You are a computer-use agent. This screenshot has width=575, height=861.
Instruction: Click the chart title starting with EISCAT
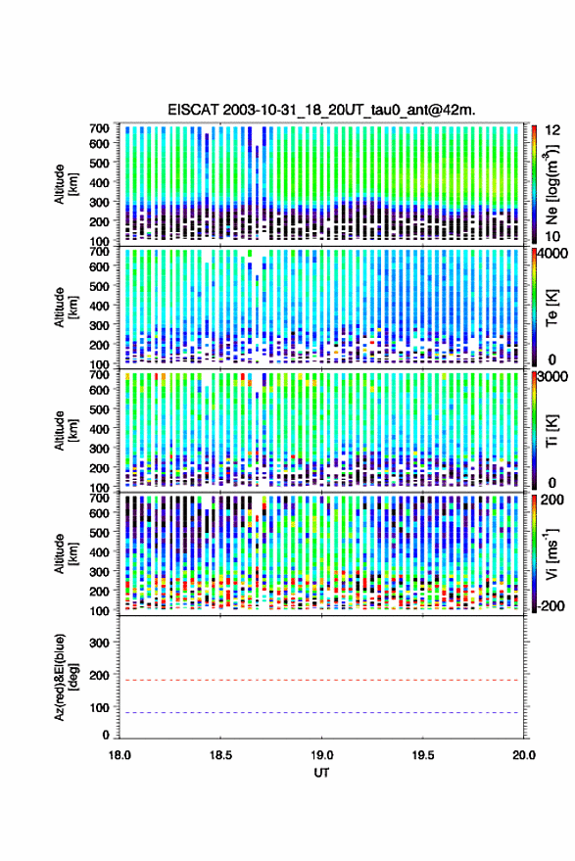pos(321,110)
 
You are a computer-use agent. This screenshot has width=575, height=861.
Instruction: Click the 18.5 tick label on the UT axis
pos(220,755)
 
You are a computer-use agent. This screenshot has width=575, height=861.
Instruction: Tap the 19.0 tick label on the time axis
pos(321,755)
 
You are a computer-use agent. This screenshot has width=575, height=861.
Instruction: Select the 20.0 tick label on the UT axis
pos(524,755)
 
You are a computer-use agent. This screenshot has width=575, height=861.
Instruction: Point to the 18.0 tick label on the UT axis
pos(120,755)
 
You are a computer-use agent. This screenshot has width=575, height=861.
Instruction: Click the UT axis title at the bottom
pos(321,773)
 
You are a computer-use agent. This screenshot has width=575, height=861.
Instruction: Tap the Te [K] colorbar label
pos(551,308)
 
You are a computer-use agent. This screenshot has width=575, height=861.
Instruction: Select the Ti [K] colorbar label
pos(551,431)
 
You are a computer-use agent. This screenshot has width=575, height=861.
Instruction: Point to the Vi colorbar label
pos(551,553)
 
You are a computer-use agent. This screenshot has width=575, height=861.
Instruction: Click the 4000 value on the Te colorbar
pos(553,256)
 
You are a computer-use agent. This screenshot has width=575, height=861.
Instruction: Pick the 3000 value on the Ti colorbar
pos(553,377)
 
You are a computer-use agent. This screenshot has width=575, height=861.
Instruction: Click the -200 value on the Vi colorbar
pos(551,606)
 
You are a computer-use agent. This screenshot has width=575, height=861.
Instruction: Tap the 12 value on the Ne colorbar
pos(553,130)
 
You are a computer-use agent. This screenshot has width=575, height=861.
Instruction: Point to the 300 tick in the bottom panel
pos(99,643)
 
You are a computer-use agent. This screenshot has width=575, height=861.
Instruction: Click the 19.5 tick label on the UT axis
pos(422,755)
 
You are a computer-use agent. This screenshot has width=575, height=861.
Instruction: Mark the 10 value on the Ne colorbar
pos(553,237)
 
